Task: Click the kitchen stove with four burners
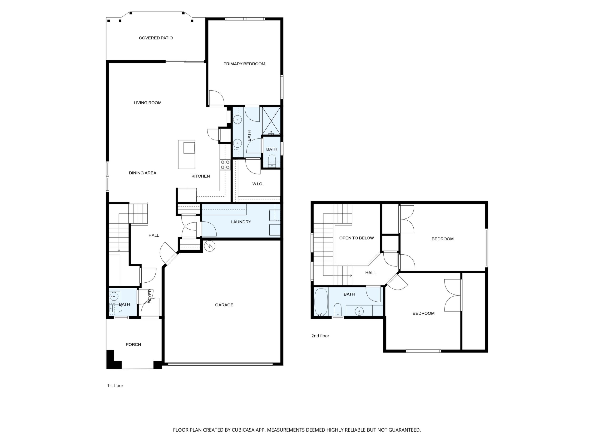coord(225,165)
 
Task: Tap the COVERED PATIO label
coord(156,38)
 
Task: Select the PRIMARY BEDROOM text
coord(244,64)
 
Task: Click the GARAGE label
coord(224,305)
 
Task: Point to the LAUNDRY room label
coord(241,222)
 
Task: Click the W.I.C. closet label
coord(258,184)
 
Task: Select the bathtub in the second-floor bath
coord(321,302)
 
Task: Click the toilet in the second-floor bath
coord(337,310)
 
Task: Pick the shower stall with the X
coord(271,121)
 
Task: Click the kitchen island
coord(187,155)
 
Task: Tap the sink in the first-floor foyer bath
coord(114,297)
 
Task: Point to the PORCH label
coord(134,345)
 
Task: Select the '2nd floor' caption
coord(320,336)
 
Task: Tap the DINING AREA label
coord(143,173)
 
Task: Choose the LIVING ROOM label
coord(148,103)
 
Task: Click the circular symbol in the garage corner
coord(210,246)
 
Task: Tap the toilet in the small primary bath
coord(272,161)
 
